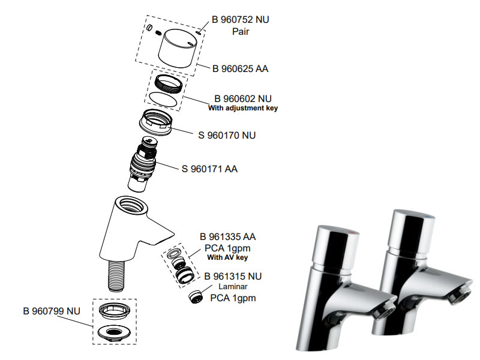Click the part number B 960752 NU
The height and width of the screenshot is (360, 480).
[241, 19]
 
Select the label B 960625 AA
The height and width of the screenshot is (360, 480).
[240, 69]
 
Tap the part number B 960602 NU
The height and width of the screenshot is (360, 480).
[243, 98]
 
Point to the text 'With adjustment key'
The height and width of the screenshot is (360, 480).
[243, 109]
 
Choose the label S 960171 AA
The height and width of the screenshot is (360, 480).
[209, 169]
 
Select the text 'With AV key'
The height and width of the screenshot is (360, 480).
[227, 258]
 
